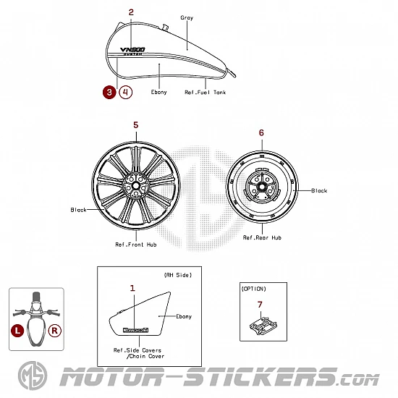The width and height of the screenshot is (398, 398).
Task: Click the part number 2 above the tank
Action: (x=131, y=12)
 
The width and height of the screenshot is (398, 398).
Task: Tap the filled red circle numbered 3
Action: (x=109, y=92)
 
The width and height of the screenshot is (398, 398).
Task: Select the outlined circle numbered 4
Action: (x=126, y=92)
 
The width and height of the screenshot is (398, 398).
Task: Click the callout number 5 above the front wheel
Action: (x=136, y=125)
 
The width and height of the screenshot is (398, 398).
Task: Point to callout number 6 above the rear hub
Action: (x=261, y=132)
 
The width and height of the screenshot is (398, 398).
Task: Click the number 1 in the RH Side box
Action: (x=132, y=288)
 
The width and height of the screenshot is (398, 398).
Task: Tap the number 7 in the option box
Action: (x=260, y=305)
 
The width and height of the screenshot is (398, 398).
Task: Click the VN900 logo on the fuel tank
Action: (x=132, y=51)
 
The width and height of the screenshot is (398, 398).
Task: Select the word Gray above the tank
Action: (x=187, y=18)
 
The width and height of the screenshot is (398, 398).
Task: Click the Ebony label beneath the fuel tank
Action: (x=159, y=92)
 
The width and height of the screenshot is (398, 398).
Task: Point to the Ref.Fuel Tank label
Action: (x=205, y=92)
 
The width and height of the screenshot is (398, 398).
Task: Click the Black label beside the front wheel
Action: (x=78, y=210)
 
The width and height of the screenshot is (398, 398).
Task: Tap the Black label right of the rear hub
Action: (x=319, y=190)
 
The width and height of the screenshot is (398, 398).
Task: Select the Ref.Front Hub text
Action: (x=136, y=245)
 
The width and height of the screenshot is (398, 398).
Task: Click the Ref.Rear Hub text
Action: (x=262, y=237)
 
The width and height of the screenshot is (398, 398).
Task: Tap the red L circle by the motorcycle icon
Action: (x=17, y=331)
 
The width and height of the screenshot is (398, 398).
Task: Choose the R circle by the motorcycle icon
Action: (x=54, y=331)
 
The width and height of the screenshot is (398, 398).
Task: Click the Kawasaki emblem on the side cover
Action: (x=135, y=330)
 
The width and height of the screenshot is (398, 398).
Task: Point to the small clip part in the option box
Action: (x=263, y=326)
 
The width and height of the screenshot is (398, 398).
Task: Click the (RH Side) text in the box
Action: (x=178, y=275)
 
